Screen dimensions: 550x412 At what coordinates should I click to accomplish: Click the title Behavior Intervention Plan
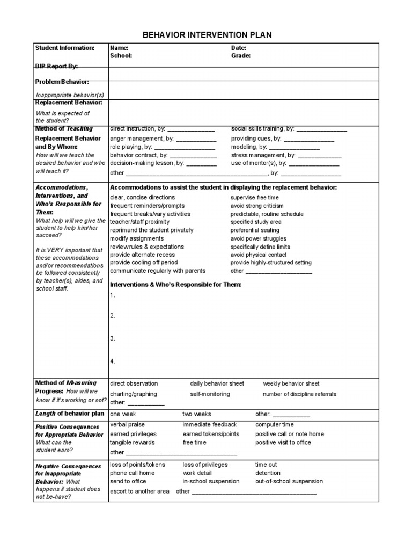(x=207, y=35)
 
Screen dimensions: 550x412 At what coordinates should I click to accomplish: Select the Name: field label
(x=119, y=48)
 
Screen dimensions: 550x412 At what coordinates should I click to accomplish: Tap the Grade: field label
(x=241, y=55)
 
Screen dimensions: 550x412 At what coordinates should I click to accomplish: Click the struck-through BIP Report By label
(x=56, y=66)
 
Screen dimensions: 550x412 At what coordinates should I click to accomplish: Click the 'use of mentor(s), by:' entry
(x=259, y=163)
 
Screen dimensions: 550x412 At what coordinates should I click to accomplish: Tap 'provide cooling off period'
(x=143, y=263)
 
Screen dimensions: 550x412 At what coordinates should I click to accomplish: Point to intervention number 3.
(x=113, y=338)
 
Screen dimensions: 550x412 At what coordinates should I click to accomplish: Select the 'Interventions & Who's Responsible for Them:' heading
(x=175, y=284)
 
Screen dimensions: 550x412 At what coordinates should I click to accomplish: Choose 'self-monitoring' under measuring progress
(x=210, y=394)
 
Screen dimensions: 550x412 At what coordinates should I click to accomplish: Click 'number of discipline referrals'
(x=299, y=394)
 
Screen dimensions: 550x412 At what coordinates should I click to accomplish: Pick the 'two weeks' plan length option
(x=197, y=414)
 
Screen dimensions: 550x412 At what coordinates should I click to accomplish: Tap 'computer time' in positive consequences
(x=274, y=424)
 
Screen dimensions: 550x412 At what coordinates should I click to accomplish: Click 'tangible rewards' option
(x=132, y=443)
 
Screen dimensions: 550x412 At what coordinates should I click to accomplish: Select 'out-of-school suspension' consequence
(x=289, y=481)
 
